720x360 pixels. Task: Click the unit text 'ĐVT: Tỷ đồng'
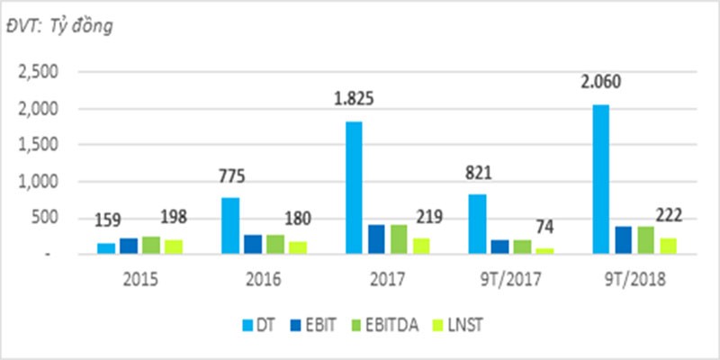click(68, 26)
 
